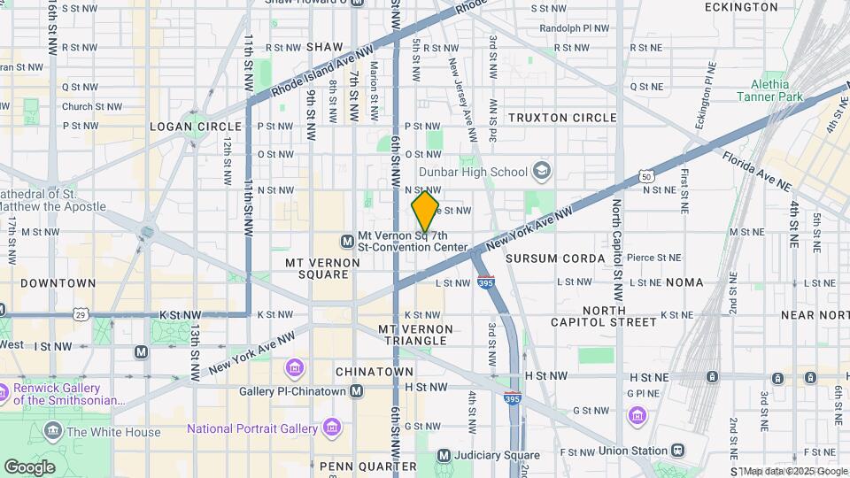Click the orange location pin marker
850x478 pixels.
(425, 211)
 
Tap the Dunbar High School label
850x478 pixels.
(472, 172)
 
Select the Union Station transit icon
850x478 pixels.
(678, 451)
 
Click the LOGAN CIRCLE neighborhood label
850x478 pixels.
(189, 127)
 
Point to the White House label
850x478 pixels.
(113, 432)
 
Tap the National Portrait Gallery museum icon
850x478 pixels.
(332, 428)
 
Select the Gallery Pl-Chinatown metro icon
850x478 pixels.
(356, 390)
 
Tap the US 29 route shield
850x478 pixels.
(81, 314)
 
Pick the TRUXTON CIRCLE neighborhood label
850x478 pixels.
(562, 118)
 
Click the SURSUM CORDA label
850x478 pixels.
(555, 258)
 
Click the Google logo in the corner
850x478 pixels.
(29, 466)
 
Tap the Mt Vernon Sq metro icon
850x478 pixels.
(347, 241)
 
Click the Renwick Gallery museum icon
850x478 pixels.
(4, 390)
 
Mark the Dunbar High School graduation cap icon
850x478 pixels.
(542, 172)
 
